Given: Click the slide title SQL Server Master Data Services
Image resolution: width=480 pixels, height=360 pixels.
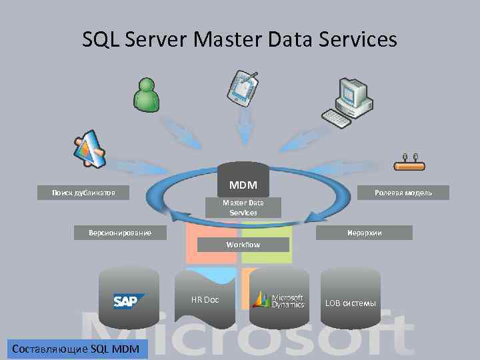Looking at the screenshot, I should click(x=239, y=39).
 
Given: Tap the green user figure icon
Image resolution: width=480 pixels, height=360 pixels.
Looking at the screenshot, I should click(x=146, y=94).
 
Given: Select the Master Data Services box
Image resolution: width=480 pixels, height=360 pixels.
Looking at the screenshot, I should click(x=243, y=207).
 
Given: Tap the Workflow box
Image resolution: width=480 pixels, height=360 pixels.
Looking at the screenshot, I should click(x=243, y=245).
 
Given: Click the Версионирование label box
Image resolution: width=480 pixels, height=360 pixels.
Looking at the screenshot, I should click(x=120, y=233).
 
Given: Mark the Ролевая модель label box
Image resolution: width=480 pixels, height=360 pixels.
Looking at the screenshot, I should click(x=403, y=193).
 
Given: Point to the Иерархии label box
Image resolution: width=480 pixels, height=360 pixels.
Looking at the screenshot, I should click(x=364, y=233).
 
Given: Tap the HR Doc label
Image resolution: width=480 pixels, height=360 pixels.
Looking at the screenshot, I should click(x=205, y=299).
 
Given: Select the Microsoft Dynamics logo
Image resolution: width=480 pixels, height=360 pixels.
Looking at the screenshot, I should click(x=279, y=301).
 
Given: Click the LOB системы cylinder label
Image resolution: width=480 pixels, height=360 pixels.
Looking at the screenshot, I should click(x=350, y=303).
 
